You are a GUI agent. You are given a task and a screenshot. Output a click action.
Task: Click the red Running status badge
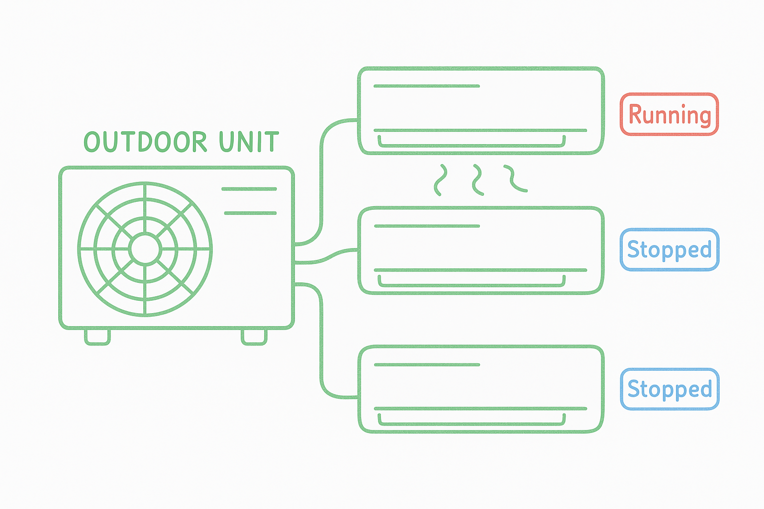(669, 114)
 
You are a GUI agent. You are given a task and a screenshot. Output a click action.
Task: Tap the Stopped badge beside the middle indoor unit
(669, 250)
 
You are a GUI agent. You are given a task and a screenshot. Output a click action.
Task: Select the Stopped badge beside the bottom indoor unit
(669, 389)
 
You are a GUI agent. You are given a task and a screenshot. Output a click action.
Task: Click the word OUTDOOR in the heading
(145, 142)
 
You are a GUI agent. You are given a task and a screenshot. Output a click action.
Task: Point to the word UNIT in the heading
(249, 142)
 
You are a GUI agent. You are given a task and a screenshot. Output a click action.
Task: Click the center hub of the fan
(145, 249)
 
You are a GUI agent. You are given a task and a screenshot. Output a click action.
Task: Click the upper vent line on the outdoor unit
(249, 189)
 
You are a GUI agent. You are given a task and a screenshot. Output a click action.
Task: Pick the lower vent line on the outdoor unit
(250, 213)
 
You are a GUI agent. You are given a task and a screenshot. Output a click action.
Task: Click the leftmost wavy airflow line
(440, 180)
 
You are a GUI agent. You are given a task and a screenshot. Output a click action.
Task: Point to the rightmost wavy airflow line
(514, 179)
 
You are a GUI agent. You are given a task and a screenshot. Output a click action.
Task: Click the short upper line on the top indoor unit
(426, 86)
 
